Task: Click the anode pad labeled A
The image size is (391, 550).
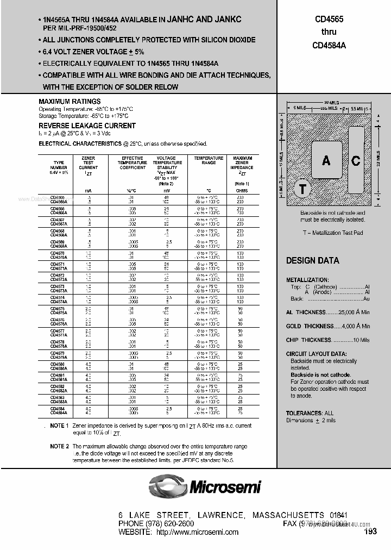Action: [326, 160]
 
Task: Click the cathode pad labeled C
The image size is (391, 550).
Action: [356, 160]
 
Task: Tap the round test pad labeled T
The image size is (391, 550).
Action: [302, 189]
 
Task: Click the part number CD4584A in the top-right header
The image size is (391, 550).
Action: [329, 46]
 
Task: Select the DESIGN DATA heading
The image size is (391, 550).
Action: [312, 260]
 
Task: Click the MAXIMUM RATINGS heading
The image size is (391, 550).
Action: [70, 102]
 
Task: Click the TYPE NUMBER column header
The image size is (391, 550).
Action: [59, 165]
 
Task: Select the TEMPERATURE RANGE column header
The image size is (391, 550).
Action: [209, 160]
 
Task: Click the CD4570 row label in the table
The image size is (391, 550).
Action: [57, 253]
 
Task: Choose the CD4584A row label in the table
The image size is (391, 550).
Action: [59, 414]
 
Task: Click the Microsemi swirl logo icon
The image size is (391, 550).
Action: [167, 485]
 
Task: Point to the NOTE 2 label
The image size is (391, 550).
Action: [59, 446]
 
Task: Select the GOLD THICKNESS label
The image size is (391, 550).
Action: [310, 326]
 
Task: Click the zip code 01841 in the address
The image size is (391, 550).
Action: [338, 515]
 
